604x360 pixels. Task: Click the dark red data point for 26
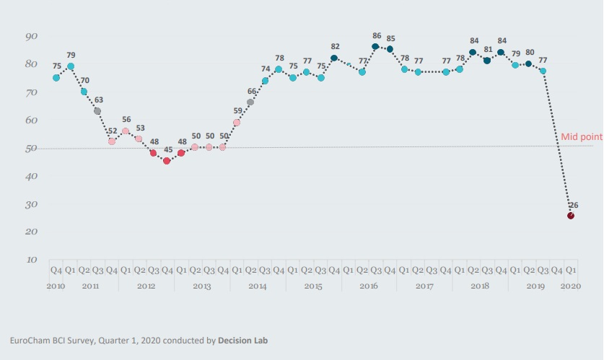coord(571,215)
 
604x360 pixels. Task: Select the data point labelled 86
coord(376,47)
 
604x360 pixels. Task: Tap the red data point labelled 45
coord(167,161)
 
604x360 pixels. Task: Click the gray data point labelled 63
coord(97,111)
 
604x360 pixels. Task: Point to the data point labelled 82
coord(334,58)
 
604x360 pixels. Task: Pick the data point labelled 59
coord(237,123)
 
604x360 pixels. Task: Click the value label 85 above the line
coord(390,38)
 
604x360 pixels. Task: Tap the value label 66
coord(251,92)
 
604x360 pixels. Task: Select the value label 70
coord(84,81)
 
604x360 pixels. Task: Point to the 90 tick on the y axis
coord(32,36)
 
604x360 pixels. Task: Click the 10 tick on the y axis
coord(32,259)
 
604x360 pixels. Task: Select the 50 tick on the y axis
coord(32,148)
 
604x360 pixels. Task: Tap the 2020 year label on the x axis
coord(570,286)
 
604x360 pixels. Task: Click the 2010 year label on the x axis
coord(56,286)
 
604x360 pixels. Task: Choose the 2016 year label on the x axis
coord(369,286)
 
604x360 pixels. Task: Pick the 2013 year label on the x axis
coord(202,286)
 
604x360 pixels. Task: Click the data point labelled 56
coord(126,131)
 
